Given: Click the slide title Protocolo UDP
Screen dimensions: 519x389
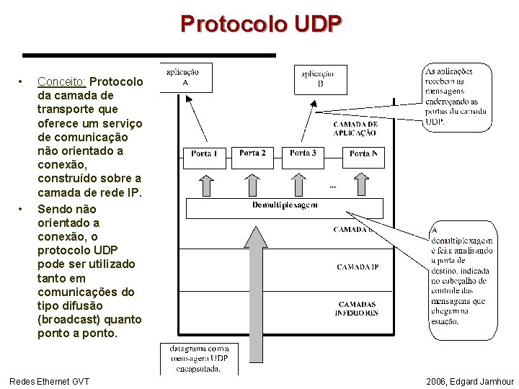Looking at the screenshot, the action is coord(261,24).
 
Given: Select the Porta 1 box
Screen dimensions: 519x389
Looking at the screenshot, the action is coord(204,153).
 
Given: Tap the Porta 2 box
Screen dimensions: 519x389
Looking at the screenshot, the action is coord(252,153).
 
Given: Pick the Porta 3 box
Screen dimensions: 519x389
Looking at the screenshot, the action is coord(303,153).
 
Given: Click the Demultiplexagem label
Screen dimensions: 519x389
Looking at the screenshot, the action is coord(285,205).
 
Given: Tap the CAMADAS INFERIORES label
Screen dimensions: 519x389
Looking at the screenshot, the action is coord(356,308).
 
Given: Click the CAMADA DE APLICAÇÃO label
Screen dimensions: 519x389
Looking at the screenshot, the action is coord(355,128).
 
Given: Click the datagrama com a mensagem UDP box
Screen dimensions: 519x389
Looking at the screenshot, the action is coord(195,358).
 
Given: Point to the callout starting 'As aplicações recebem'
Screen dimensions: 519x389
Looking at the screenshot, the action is coord(456,97).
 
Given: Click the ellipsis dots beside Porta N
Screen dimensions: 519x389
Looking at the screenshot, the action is coord(332,187).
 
